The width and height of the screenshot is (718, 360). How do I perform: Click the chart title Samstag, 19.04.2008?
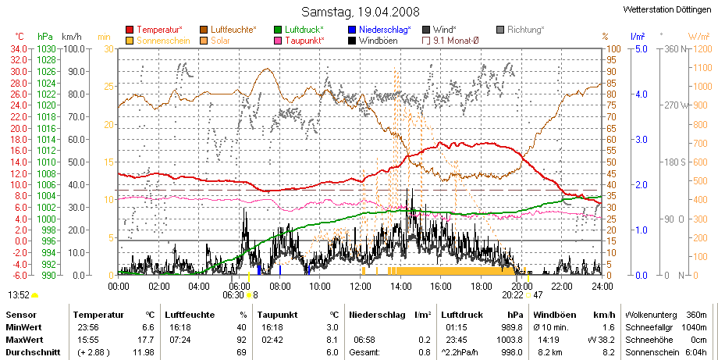pyautogui.click(x=361, y=12)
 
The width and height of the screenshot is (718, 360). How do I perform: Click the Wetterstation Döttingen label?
pyautogui.click(x=667, y=9)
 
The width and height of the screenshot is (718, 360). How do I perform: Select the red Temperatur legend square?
pyautogui.click(x=130, y=30)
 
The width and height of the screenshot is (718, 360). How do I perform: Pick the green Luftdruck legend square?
pyautogui.click(x=278, y=30)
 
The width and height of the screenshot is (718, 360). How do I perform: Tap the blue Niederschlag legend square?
pyautogui.click(x=352, y=30)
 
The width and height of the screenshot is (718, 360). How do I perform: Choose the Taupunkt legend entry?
pyautogui.click(x=300, y=41)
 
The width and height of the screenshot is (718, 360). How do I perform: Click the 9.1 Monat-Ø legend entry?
pyautogui.click(x=450, y=41)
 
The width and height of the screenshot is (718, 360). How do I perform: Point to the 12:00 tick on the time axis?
pyautogui.click(x=361, y=287)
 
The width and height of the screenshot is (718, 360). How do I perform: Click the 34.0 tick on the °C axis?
pyautogui.click(x=20, y=49)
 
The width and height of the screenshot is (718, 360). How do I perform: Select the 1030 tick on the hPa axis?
pyautogui.click(x=47, y=49)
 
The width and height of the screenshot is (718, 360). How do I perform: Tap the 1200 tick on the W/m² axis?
pyautogui.click(x=702, y=49)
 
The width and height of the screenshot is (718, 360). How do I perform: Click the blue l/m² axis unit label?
pyautogui.click(x=638, y=36)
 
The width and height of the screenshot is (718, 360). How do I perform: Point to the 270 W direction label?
pyautogui.click(x=677, y=105)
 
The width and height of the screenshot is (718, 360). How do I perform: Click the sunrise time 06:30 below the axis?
pyautogui.click(x=233, y=295)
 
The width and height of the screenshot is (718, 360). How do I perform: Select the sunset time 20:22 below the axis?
pyautogui.click(x=512, y=295)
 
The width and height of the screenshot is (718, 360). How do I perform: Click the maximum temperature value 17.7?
pyautogui.click(x=148, y=340)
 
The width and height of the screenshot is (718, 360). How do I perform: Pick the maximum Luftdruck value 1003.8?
pyautogui.click(x=513, y=340)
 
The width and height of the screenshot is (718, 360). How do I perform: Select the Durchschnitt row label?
pyautogui.click(x=33, y=352)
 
